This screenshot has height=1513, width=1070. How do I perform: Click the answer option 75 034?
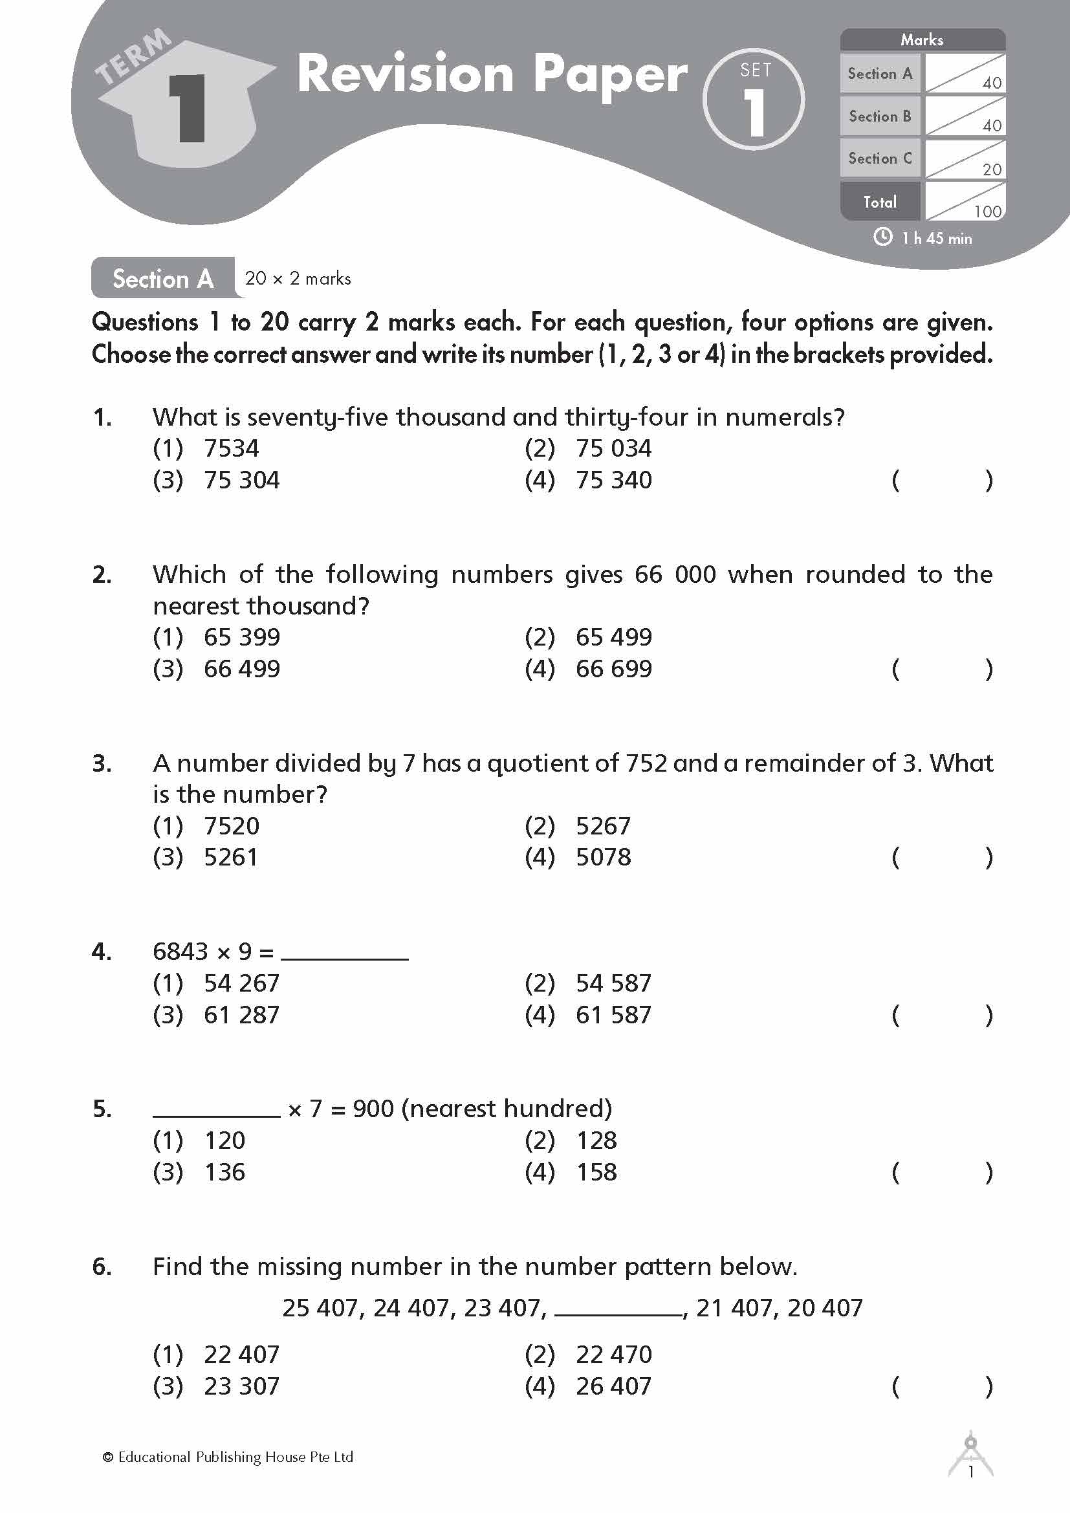point(613,449)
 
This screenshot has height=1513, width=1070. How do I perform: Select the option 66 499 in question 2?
point(241,669)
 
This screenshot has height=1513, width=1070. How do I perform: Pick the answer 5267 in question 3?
point(602,825)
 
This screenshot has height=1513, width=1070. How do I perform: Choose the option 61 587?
point(613,1015)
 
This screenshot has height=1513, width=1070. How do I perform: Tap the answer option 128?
point(596,1140)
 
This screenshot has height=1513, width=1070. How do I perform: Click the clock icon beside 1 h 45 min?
point(882,237)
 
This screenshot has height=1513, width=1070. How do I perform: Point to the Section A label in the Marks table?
point(880,74)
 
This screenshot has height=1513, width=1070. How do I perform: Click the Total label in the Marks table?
point(880,202)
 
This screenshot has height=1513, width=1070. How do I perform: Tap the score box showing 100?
point(965,202)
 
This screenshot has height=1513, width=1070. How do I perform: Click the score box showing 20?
point(965,159)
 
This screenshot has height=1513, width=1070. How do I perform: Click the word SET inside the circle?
point(755,70)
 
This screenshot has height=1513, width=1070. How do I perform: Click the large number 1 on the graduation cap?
point(188,109)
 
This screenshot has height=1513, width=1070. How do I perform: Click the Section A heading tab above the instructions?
point(163,279)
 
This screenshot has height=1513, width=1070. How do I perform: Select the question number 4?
point(102,952)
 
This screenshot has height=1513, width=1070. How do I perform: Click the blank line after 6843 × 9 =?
point(345,953)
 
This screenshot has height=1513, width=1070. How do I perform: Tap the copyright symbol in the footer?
point(108,1457)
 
